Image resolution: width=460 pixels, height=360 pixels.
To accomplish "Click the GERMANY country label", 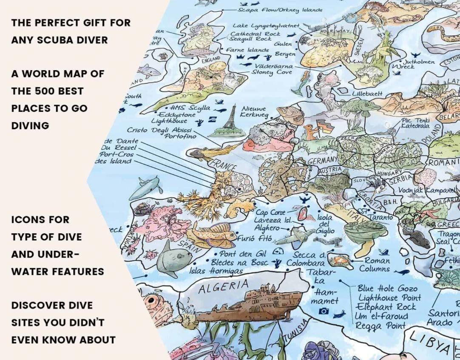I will [322, 161].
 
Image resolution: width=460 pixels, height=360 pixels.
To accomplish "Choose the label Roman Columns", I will [374, 265].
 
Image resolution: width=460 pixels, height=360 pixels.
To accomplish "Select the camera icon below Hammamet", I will [324, 311].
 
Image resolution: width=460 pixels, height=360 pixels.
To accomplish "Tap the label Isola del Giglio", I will [325, 224].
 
